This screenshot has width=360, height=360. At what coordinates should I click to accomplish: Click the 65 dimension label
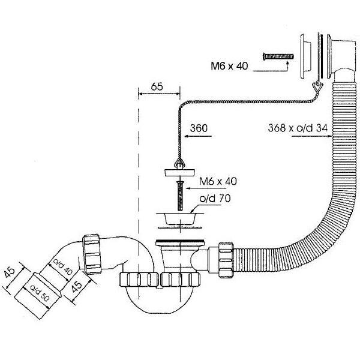click(x=157, y=87)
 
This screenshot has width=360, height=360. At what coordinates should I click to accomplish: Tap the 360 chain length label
click(x=199, y=128)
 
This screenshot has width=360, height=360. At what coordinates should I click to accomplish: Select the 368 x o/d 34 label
click(x=298, y=128)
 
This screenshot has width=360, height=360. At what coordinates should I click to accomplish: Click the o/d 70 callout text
click(x=215, y=199)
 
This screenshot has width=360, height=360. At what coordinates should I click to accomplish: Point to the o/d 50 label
click(x=40, y=293)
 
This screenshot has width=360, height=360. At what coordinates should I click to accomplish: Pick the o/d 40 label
click(x=62, y=266)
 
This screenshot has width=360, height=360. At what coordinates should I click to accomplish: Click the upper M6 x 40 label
click(x=229, y=66)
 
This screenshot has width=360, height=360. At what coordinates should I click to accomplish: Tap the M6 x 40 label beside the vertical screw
click(x=218, y=181)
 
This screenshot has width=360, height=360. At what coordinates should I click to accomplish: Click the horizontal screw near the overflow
click(x=278, y=56)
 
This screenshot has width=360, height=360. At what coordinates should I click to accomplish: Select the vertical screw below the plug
click(x=180, y=196)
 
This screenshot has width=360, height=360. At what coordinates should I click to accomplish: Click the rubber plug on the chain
click(x=180, y=172)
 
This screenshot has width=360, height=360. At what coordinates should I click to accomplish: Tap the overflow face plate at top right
click(x=305, y=56)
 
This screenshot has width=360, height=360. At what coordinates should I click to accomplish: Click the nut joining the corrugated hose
click(x=226, y=260)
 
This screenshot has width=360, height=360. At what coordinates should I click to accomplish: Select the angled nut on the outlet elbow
click(x=92, y=254)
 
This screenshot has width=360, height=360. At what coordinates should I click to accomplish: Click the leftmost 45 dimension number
click(x=10, y=272)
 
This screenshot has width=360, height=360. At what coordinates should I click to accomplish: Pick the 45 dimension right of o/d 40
click(x=76, y=286)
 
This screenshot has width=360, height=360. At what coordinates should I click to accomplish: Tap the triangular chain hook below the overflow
click(x=317, y=86)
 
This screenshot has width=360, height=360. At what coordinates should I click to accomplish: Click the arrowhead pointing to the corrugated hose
click(x=329, y=136)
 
